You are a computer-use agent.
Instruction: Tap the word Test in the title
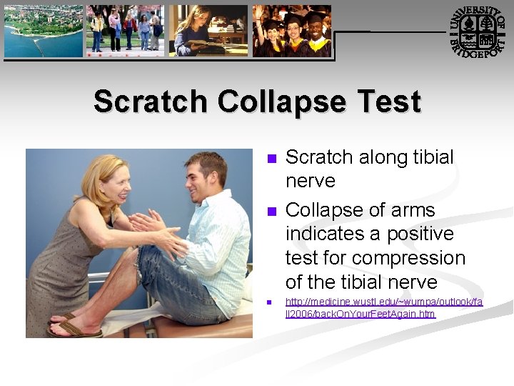pos(390,102)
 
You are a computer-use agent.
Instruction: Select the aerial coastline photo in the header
pos(43,31)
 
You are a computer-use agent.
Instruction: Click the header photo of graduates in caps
pos(293,31)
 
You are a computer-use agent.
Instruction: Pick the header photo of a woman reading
pos(208,31)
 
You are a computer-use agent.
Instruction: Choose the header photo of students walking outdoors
pos(125,31)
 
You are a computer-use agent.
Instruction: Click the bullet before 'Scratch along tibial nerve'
pos(271,159)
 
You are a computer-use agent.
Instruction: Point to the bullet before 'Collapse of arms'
pos(271,212)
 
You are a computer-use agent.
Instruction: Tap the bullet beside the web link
pos(271,303)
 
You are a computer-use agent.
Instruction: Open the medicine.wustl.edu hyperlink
pos(383,307)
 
